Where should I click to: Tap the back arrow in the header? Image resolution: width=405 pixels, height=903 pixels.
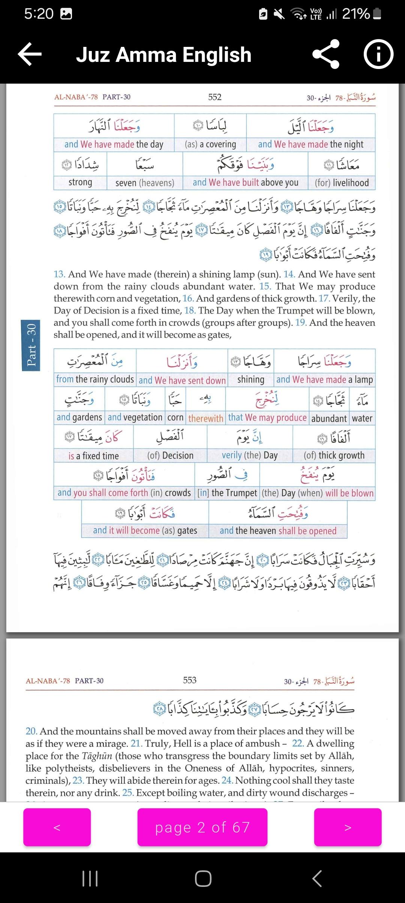(x=30, y=55)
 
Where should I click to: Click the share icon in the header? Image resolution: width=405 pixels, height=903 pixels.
(x=325, y=55)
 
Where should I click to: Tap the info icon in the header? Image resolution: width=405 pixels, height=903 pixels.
(x=378, y=55)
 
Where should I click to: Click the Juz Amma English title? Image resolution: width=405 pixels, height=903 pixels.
(x=163, y=55)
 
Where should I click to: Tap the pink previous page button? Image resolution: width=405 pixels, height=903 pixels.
(x=57, y=827)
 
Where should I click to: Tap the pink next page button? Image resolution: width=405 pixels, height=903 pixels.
(x=348, y=827)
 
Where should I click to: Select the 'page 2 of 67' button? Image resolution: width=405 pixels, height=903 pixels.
(x=202, y=827)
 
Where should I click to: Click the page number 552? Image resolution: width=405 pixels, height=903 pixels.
(x=215, y=97)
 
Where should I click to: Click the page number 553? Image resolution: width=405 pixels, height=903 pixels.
(x=190, y=680)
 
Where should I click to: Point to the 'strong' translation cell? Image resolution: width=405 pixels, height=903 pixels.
(x=80, y=183)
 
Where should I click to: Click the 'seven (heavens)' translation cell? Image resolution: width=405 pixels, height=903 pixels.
(x=145, y=183)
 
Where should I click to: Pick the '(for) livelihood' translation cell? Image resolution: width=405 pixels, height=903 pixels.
(x=342, y=183)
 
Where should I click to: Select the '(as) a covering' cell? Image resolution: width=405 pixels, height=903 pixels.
(x=210, y=144)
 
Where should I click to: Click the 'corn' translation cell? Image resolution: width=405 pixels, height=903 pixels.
(x=175, y=418)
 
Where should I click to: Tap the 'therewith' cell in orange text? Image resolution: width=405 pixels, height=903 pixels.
(x=206, y=418)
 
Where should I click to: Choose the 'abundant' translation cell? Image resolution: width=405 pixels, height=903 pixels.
(x=329, y=418)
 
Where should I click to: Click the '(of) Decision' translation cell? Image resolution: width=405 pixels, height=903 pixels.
(x=170, y=456)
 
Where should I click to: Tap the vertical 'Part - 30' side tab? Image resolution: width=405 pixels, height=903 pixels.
(x=31, y=345)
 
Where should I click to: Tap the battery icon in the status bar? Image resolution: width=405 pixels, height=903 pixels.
(x=378, y=14)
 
